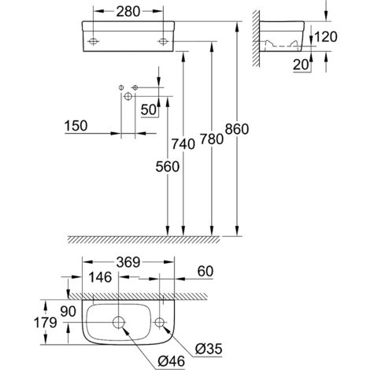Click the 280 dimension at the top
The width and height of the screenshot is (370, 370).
[x=128, y=12]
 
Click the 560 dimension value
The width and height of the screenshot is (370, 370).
[x=166, y=167]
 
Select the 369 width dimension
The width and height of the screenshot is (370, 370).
[x=127, y=263]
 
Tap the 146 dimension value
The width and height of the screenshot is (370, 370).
[x=100, y=276]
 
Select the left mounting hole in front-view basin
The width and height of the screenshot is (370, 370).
[x=94, y=39]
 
